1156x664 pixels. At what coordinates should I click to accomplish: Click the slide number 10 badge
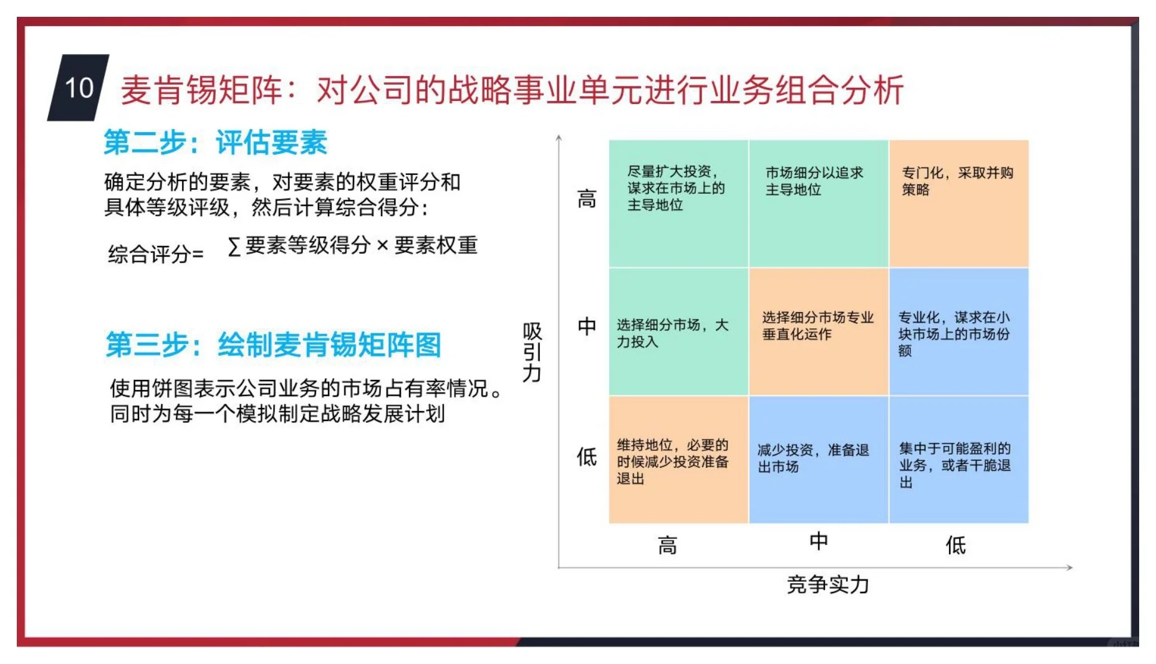click(x=79, y=88)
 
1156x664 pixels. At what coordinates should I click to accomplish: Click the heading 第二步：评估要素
click(x=215, y=142)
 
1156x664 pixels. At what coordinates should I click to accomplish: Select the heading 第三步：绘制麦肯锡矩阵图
click(x=273, y=344)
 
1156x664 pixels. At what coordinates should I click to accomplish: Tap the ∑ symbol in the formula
click(x=234, y=247)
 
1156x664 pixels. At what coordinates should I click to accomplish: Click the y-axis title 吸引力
click(x=532, y=352)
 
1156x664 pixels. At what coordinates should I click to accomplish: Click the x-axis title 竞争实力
click(x=827, y=585)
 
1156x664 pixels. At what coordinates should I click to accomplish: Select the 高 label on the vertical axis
click(x=586, y=199)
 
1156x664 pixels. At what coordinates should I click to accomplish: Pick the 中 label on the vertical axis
click(x=586, y=326)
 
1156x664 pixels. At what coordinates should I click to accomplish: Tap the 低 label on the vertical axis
click(x=586, y=457)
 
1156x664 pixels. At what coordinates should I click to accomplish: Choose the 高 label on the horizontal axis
click(x=667, y=546)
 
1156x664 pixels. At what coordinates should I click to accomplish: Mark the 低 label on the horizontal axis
click(x=955, y=546)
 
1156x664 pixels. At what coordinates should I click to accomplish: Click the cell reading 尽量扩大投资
click(x=678, y=204)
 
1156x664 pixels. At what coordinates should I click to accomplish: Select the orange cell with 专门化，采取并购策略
click(x=958, y=204)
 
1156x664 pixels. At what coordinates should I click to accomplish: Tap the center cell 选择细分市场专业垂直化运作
click(x=818, y=331)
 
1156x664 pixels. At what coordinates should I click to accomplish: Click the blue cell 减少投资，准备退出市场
click(x=818, y=459)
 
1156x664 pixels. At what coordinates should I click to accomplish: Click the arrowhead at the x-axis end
click(x=1069, y=567)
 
